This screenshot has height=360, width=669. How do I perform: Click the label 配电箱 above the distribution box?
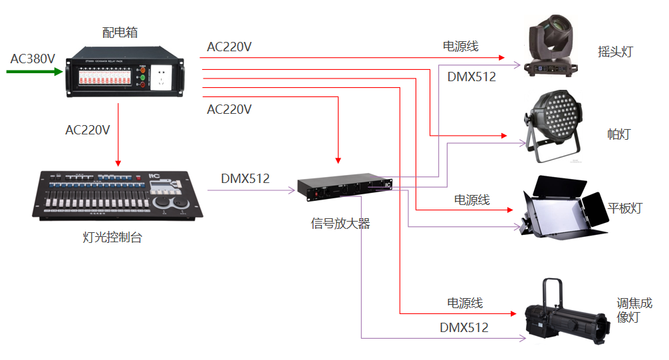[x=120, y=32]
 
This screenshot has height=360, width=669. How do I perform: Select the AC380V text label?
[x=33, y=59]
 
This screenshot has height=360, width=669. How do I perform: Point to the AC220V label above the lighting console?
[x=88, y=130]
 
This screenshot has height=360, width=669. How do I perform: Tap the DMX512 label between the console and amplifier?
[x=245, y=178]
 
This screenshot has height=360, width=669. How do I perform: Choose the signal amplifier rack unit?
[x=344, y=188]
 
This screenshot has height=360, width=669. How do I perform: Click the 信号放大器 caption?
[x=340, y=224]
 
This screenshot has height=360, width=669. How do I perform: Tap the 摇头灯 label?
[x=615, y=52]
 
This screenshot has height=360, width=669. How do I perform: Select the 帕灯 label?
[x=618, y=134]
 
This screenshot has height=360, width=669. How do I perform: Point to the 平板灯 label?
[x=625, y=208]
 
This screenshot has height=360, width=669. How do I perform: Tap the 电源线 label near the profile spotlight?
[x=464, y=303]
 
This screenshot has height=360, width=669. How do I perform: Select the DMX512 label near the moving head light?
[x=471, y=77]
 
